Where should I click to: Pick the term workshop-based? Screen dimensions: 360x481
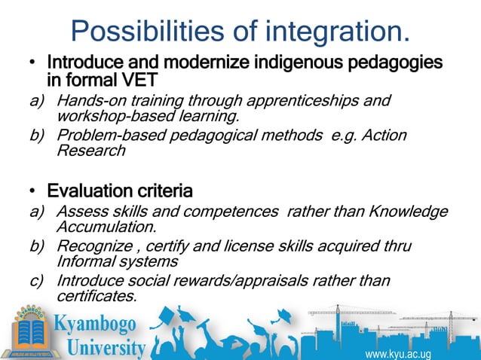[106, 117]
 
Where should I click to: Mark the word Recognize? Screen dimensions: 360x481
[91, 246]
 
